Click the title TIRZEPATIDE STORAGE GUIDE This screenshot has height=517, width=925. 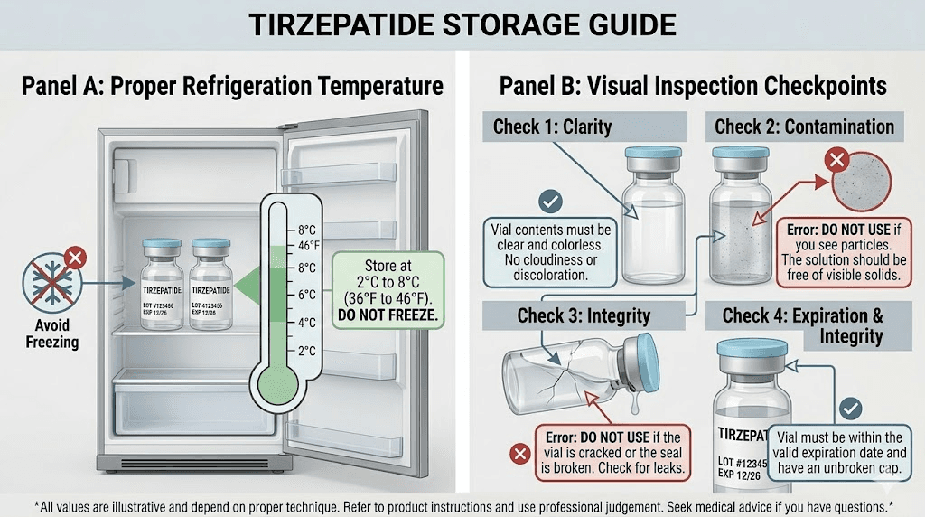click(x=462, y=23)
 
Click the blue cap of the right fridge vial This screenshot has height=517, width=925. click(x=210, y=246)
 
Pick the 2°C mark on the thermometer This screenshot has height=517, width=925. click(x=305, y=351)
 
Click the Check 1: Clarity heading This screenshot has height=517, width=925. click(x=551, y=126)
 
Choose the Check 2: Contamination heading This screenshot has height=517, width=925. click(x=804, y=126)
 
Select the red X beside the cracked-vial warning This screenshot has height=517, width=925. click(x=519, y=453)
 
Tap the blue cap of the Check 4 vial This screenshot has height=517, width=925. click(x=752, y=348)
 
